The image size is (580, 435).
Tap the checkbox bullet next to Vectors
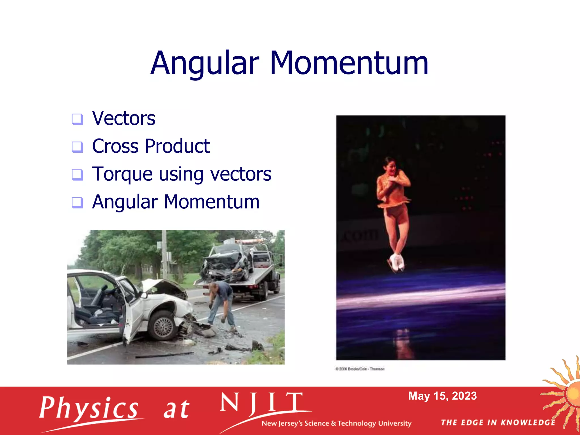coord(77,119)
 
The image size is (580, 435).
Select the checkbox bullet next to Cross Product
coord(77,147)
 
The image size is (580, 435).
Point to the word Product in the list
coord(177,146)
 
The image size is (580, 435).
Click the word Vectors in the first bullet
coord(124,118)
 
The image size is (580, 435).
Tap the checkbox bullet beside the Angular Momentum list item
coord(77,202)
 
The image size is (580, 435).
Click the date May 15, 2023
coord(442,396)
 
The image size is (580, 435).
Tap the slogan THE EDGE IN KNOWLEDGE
coord(498,423)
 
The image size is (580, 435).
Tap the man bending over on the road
coord(222,303)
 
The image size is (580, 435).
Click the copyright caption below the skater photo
coord(360,369)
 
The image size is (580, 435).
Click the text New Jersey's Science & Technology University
coord(336,423)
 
